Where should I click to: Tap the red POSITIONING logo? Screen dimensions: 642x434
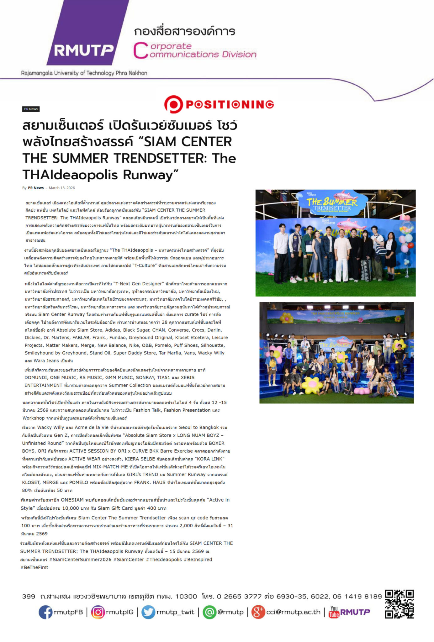(219, 104)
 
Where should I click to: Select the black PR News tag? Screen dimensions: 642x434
(31, 109)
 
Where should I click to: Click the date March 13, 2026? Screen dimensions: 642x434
(62, 188)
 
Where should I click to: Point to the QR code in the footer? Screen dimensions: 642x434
(399, 604)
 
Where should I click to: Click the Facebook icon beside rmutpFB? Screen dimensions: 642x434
(45, 612)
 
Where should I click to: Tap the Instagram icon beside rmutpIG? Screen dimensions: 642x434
(98, 612)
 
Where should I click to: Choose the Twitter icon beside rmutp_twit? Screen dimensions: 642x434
(148, 612)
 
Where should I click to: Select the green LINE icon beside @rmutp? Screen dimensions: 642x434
(209, 612)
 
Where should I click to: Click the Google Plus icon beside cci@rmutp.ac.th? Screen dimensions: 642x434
(258, 612)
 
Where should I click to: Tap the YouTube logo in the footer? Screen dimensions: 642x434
(334, 612)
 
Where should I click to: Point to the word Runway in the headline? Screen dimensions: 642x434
(151, 175)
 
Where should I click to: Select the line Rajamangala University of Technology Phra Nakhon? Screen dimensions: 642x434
(84, 73)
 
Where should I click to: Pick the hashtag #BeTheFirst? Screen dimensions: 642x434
(34, 567)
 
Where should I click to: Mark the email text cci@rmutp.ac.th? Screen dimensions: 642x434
(293, 612)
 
